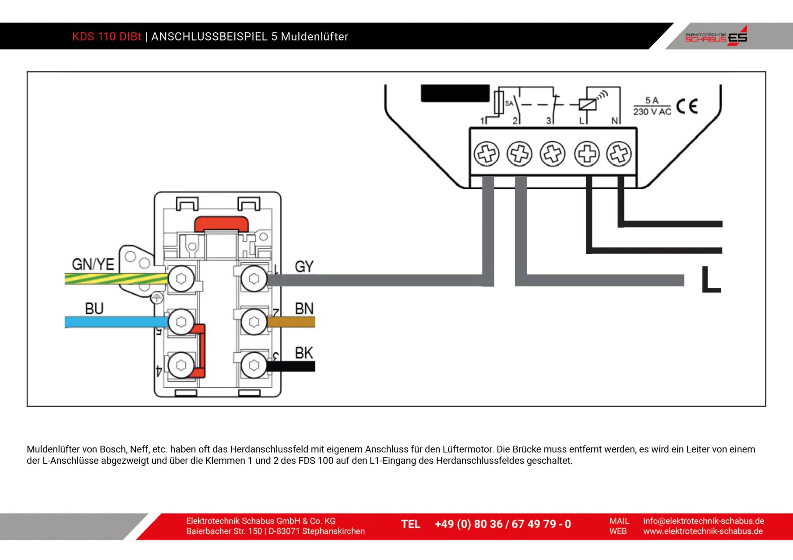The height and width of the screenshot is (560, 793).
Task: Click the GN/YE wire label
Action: coord(93,264)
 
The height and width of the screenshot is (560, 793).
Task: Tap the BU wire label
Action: coord(94,308)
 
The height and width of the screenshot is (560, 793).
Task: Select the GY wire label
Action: coord(304,266)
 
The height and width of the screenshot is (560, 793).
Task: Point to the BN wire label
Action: coord(304,308)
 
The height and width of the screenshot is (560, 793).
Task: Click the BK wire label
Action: coord(304,353)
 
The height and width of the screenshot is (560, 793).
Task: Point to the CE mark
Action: coord(687,106)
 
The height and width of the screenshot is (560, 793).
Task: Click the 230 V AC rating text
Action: coord(652,112)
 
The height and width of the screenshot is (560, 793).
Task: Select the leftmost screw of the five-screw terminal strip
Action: coord(486,154)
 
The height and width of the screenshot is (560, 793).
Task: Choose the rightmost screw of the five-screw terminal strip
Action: coord(619,154)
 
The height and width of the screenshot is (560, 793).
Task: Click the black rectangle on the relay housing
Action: coord(455,93)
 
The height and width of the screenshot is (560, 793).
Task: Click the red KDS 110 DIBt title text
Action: coord(107,36)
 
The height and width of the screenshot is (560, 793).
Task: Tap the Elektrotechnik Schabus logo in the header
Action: coord(716,36)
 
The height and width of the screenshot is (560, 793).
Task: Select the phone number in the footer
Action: coord(503,524)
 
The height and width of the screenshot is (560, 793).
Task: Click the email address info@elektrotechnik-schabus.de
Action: coord(703,521)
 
